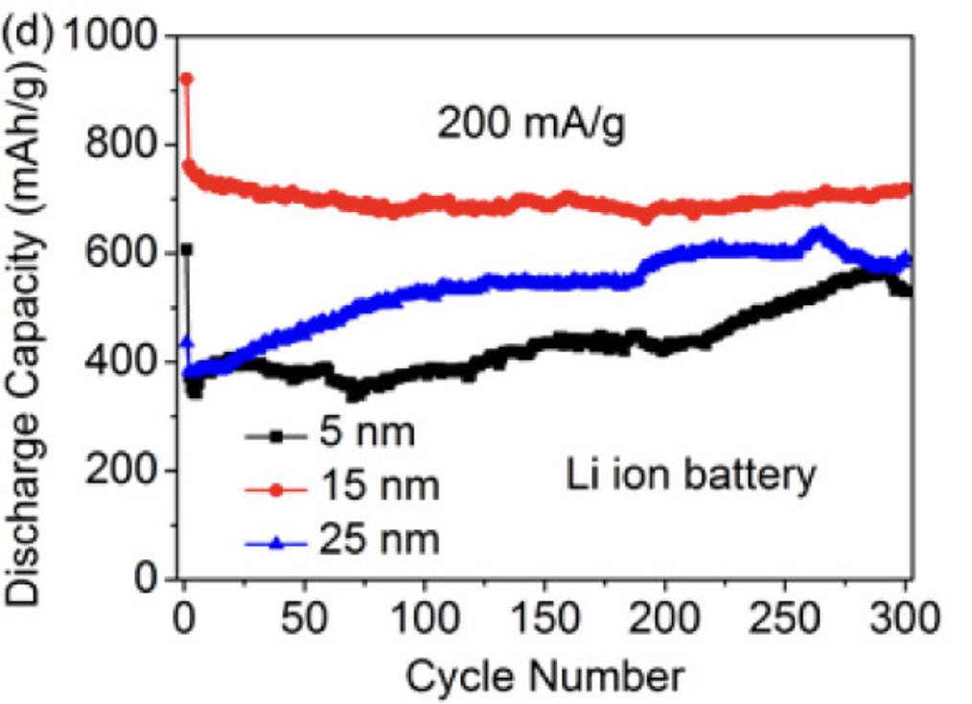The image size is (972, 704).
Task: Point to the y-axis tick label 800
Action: click(x=126, y=145)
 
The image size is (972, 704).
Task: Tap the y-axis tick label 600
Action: click(x=126, y=253)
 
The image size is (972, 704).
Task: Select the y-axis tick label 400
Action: click(x=126, y=362)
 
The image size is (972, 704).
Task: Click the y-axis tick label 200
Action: click(x=126, y=470)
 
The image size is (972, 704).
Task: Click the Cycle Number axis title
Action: click(x=544, y=676)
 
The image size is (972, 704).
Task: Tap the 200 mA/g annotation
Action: click(x=531, y=125)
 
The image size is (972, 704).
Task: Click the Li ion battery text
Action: click(x=689, y=474)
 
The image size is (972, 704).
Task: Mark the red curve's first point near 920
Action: click(x=187, y=79)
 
